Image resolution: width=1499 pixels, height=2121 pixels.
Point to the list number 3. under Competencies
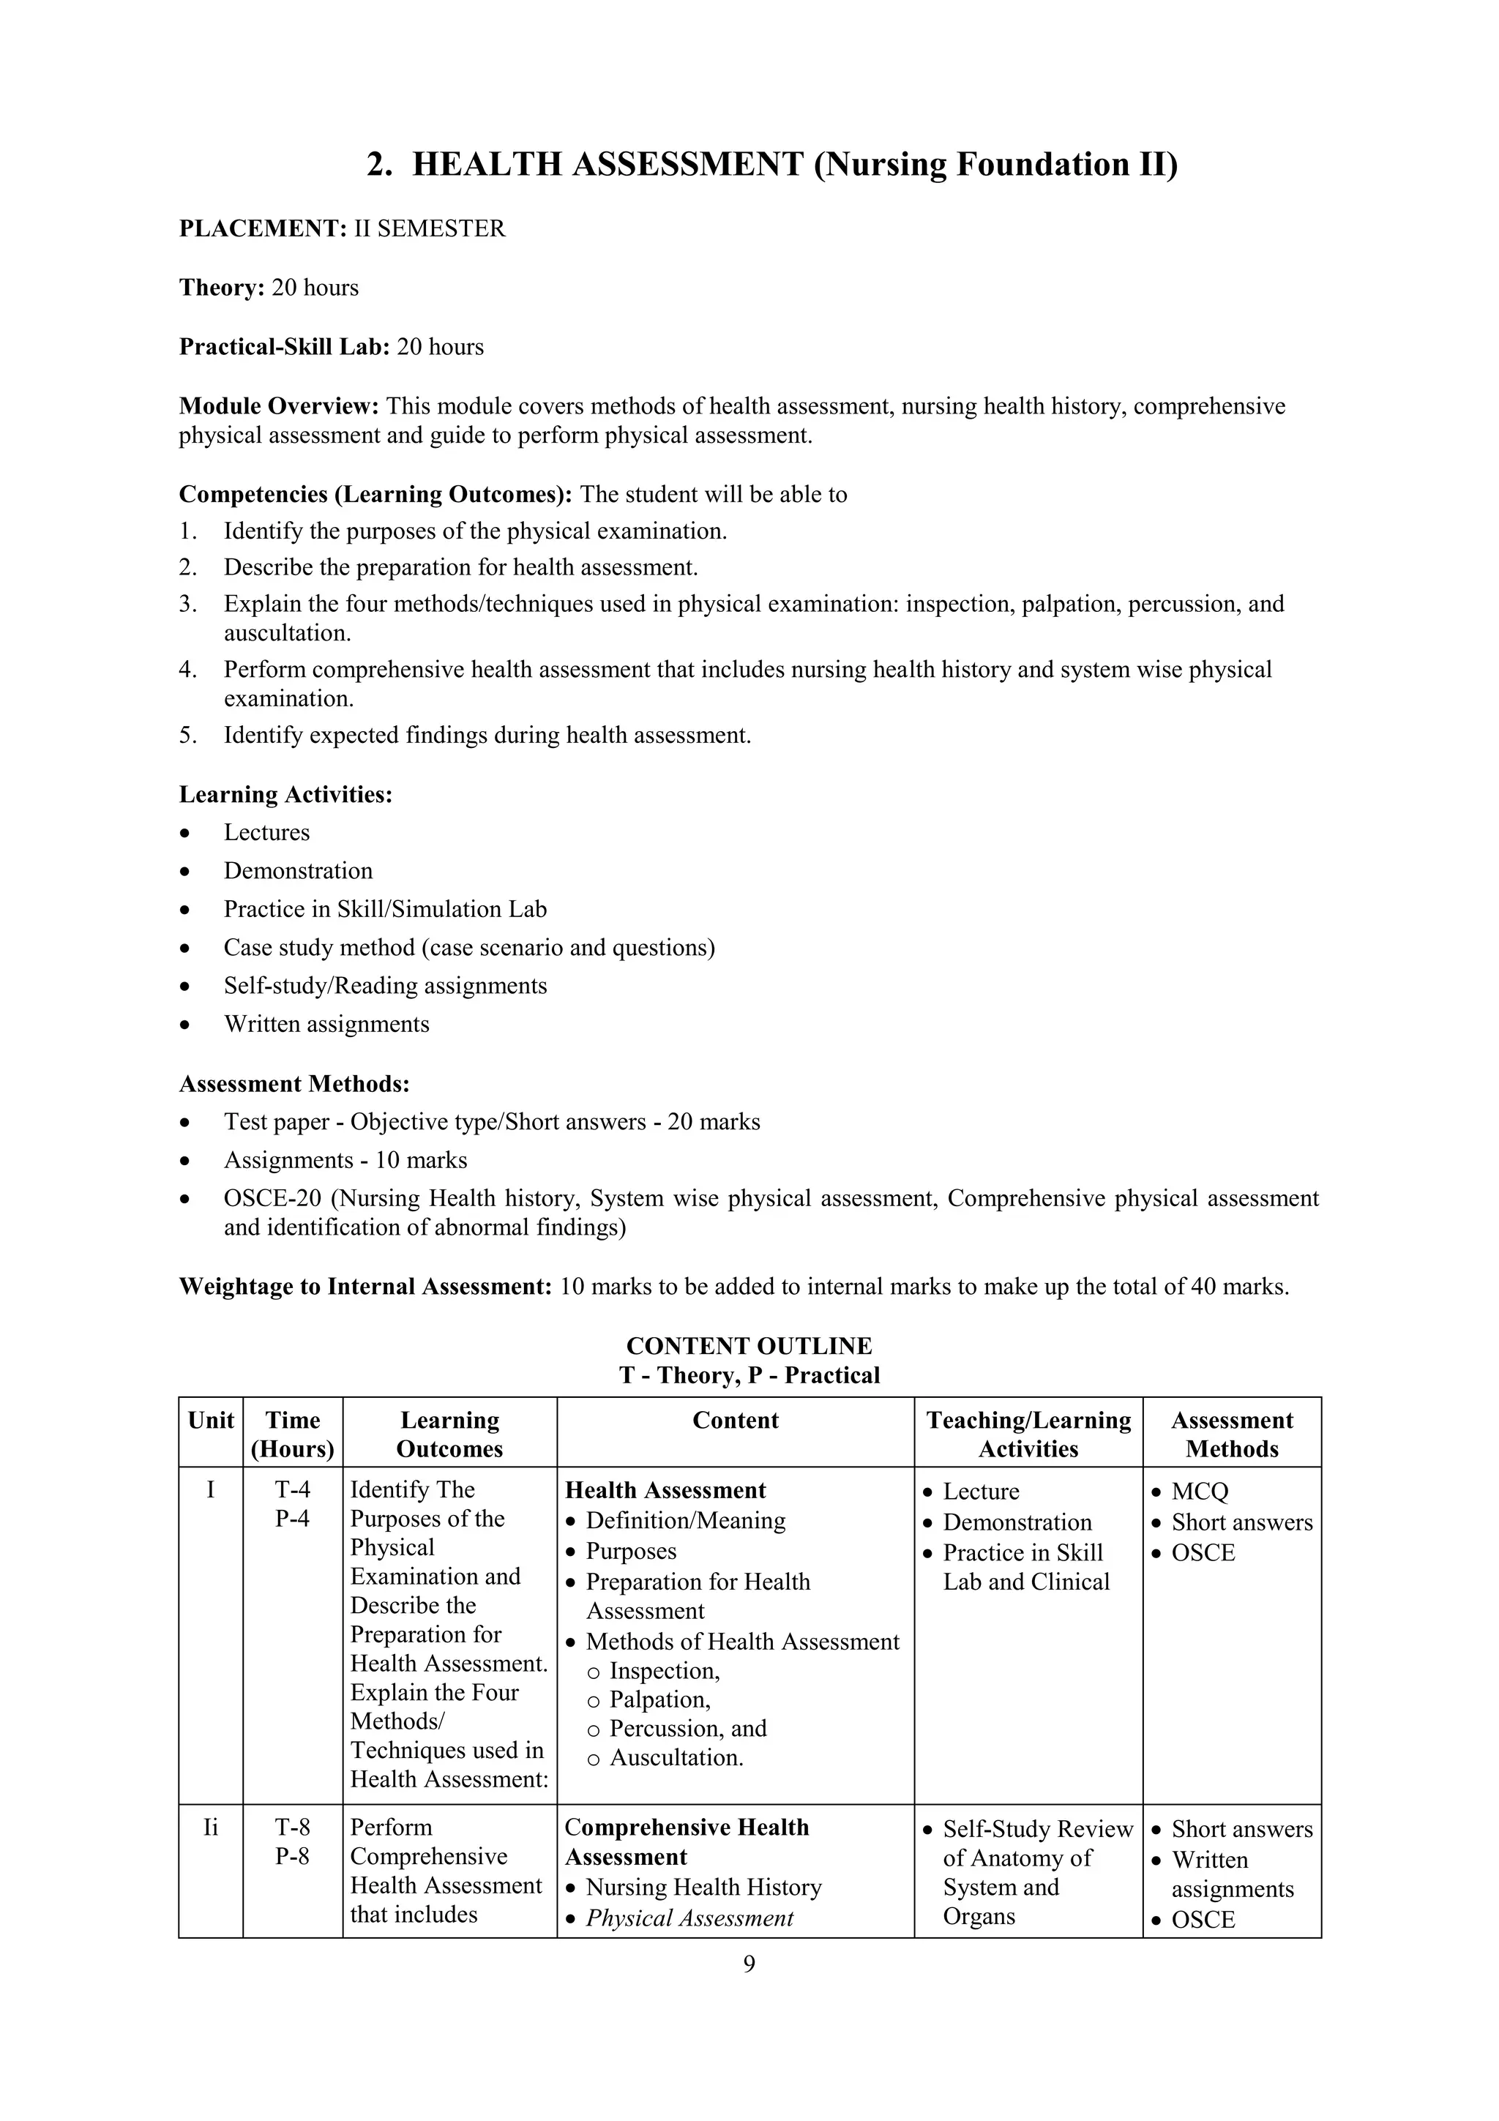(187, 604)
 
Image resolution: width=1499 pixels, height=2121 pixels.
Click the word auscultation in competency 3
(285, 634)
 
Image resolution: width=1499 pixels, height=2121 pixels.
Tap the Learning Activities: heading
(285, 794)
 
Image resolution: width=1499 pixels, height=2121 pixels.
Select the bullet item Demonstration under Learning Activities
(297, 871)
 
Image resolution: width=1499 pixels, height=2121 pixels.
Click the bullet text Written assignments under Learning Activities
(326, 1025)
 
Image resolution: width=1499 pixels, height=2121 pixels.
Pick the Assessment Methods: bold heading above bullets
(294, 1084)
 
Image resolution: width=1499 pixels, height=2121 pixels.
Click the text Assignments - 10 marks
(345, 1160)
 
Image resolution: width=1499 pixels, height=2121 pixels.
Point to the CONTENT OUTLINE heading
(748, 1346)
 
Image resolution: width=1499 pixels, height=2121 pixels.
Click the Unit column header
(211, 1421)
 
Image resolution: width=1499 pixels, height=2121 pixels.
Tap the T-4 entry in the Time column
(292, 1490)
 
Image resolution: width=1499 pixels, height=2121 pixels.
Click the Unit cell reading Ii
(211, 1828)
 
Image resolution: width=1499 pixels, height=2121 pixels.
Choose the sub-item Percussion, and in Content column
(687, 1729)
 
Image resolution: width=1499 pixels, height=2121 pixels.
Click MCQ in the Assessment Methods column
(1199, 1492)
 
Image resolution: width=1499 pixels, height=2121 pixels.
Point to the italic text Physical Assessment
(689, 1919)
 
